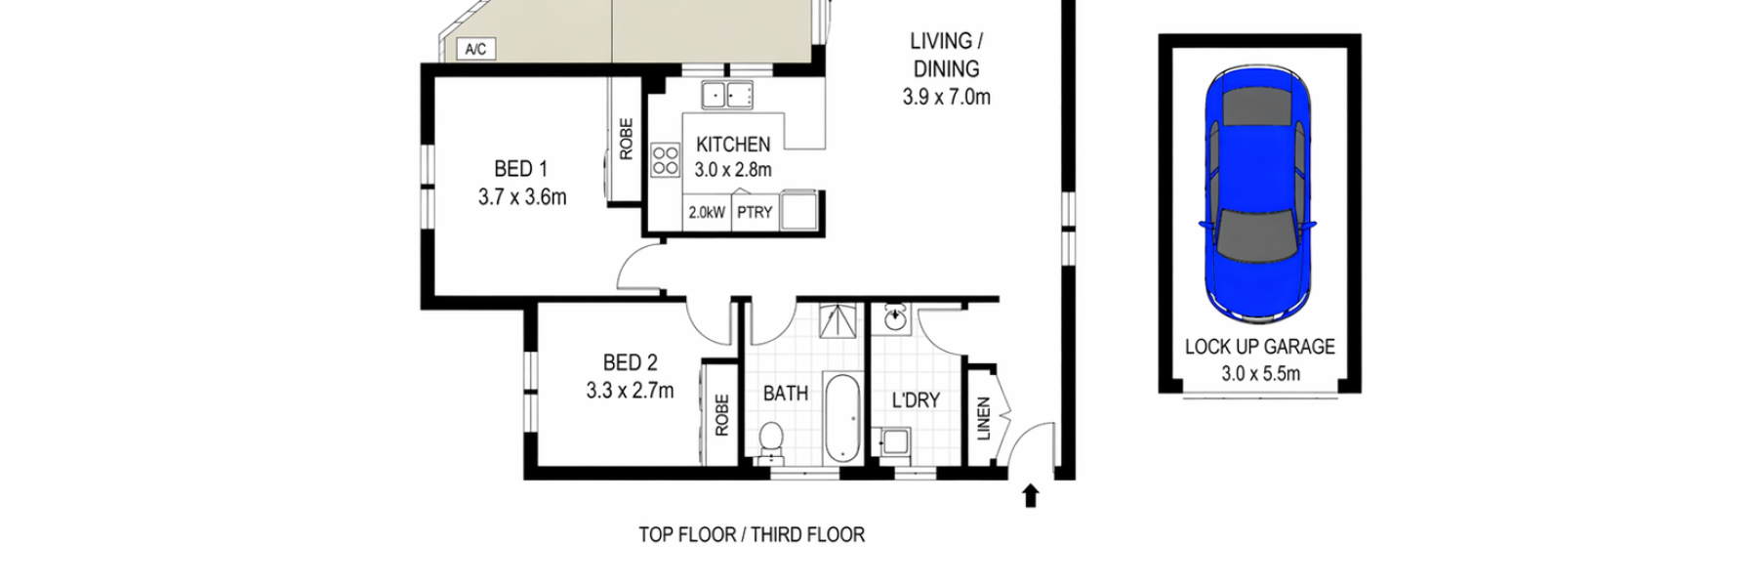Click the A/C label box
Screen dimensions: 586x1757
pyautogui.click(x=475, y=49)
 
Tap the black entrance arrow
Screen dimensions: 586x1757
pyautogui.click(x=1030, y=496)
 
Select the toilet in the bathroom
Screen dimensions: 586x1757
pyautogui.click(x=771, y=440)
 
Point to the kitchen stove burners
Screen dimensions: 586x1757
pyautogui.click(x=665, y=161)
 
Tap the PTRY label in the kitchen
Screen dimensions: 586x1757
pyautogui.click(x=755, y=212)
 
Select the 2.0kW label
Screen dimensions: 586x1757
pyautogui.click(x=707, y=212)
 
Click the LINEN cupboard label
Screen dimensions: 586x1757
pyautogui.click(x=984, y=418)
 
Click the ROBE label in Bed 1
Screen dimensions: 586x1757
pyautogui.click(x=626, y=139)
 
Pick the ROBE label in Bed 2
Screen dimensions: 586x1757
pyautogui.click(x=721, y=414)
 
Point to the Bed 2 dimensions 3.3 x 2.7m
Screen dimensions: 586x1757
pyautogui.click(x=630, y=391)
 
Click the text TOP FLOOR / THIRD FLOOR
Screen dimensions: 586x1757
pyautogui.click(x=752, y=535)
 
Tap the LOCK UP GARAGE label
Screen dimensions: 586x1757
pyautogui.click(x=1259, y=347)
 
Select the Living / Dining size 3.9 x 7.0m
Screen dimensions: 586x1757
pyautogui.click(x=946, y=97)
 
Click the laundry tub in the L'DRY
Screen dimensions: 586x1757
pyautogui.click(x=894, y=444)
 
